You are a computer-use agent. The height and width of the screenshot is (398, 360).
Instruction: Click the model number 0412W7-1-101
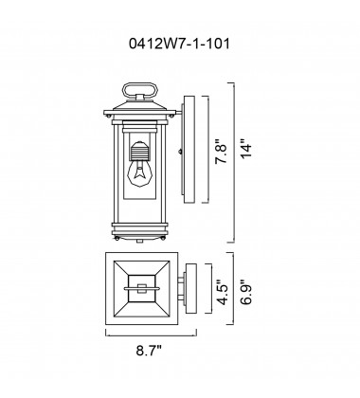pyautogui.click(x=180, y=42)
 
